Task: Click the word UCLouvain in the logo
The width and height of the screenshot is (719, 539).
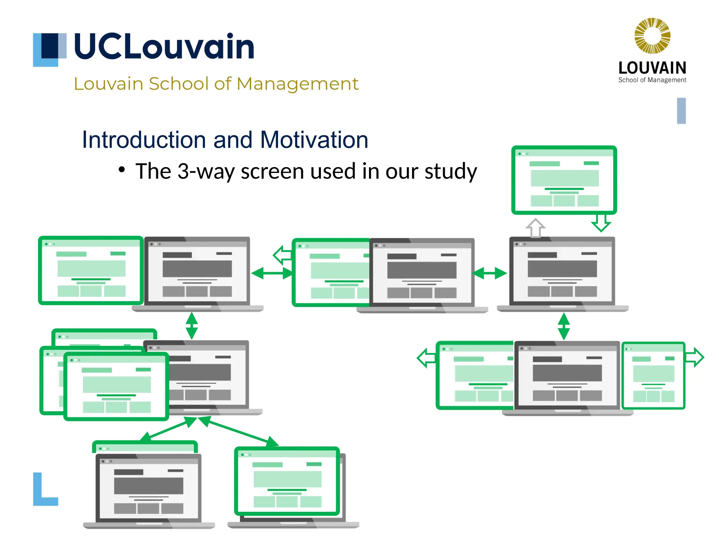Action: [164, 46]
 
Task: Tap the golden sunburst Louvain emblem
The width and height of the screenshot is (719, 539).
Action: [652, 36]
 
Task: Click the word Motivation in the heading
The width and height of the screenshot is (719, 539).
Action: [314, 140]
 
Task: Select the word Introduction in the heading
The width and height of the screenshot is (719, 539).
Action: [144, 140]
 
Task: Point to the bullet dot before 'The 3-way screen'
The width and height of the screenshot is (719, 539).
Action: [121, 170]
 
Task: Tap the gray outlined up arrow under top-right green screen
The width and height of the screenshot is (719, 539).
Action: [535, 228]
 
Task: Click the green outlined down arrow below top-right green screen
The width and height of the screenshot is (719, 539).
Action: [601, 222]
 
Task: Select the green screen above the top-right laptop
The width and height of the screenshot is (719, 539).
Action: [564, 180]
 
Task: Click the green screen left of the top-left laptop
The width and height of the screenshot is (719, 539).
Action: [91, 270]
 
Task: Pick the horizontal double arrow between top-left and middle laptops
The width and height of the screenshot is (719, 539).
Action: [272, 273]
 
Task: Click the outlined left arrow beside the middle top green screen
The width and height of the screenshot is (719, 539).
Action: [282, 255]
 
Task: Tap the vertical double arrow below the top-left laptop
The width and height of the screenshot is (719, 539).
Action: [192, 325]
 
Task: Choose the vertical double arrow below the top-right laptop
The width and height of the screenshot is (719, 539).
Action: [563, 326]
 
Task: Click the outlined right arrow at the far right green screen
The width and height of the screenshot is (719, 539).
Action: [695, 358]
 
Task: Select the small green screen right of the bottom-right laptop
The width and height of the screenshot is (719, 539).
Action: [653, 375]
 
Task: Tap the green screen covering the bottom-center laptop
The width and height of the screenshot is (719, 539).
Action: [287, 481]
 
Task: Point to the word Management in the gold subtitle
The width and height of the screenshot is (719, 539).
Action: [297, 84]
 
